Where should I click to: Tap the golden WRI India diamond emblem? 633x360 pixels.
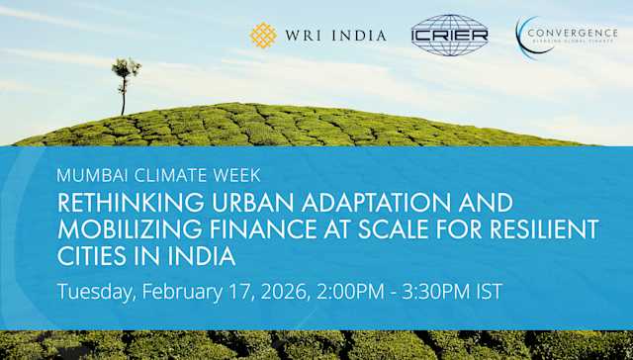coord(263,36)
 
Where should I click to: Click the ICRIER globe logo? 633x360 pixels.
coord(449,36)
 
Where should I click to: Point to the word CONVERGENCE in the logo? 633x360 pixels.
coord(573,31)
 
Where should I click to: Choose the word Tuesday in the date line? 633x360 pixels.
coord(97,293)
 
